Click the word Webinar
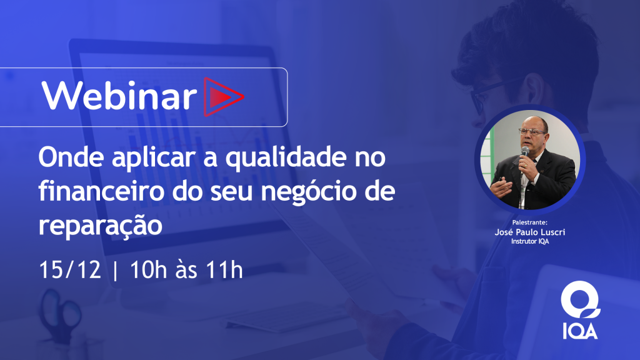[119, 95]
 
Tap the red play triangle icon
[223, 97]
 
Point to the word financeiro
[101, 191]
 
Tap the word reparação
[101, 226]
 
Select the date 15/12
[70, 270]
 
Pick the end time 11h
[224, 270]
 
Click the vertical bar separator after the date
[115, 270]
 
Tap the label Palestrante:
[530, 222]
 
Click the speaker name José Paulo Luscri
[530, 232]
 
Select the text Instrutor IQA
[530, 241]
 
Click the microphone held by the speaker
[524, 154]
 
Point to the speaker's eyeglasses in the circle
[532, 132]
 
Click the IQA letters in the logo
[580, 331]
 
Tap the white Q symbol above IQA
[581, 299]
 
